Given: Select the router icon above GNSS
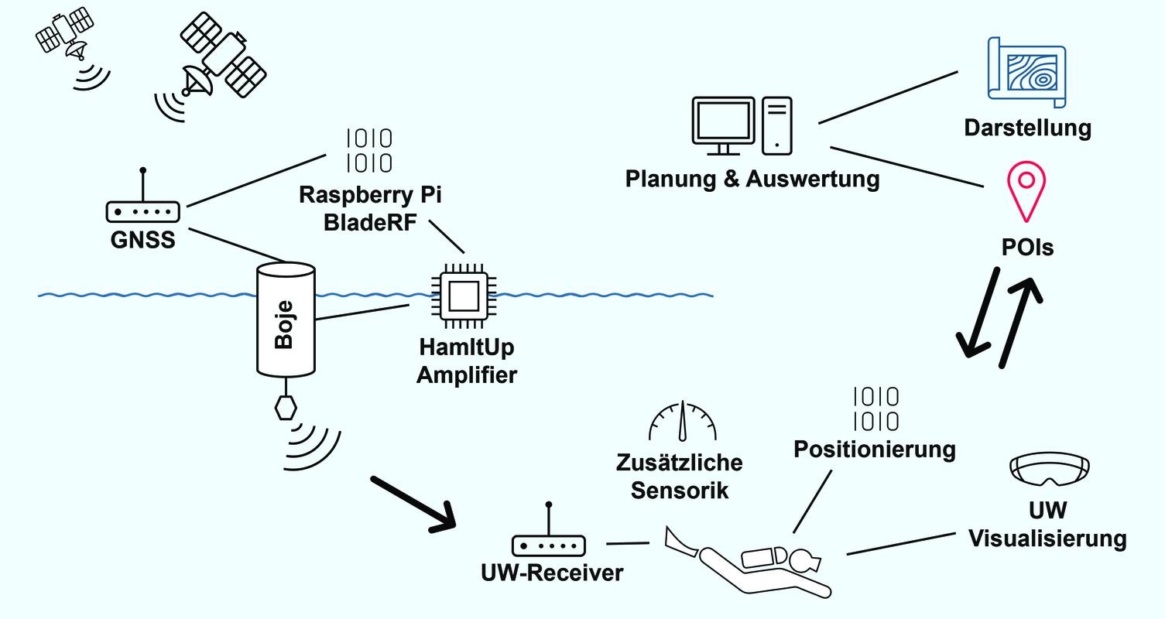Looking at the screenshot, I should [x=142, y=207].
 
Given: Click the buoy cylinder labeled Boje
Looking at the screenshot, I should [x=285, y=318].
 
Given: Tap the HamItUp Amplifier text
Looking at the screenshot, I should [x=466, y=362].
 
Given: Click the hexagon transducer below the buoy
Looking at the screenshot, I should [x=286, y=407].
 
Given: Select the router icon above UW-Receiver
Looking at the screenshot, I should [x=548, y=541].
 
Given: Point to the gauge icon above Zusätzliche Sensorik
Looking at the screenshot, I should [x=682, y=422].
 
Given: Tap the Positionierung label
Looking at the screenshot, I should [x=875, y=450].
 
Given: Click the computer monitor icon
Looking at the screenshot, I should [x=723, y=125].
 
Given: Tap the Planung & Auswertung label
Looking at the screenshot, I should [x=752, y=180].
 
